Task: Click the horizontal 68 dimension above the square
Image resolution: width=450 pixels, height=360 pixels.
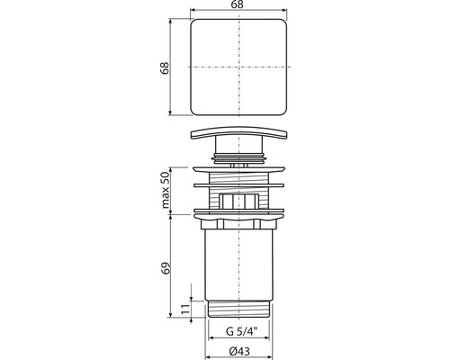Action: pyautogui.click(x=238, y=4)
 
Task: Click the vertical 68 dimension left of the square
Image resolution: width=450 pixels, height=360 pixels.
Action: pyautogui.click(x=165, y=68)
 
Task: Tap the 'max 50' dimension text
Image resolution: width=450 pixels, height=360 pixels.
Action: pyautogui.click(x=166, y=191)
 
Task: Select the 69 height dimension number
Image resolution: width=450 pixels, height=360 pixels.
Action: pyautogui.click(x=166, y=267)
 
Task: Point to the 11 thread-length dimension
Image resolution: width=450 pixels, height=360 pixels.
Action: pyautogui.click(x=185, y=309)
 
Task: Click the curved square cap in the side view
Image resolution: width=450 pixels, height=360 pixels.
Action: pyautogui.click(x=238, y=133)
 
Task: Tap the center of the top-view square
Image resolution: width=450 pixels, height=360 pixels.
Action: pyautogui.click(x=238, y=67)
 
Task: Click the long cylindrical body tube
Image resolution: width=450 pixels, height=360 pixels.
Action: pyautogui.click(x=238, y=264)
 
